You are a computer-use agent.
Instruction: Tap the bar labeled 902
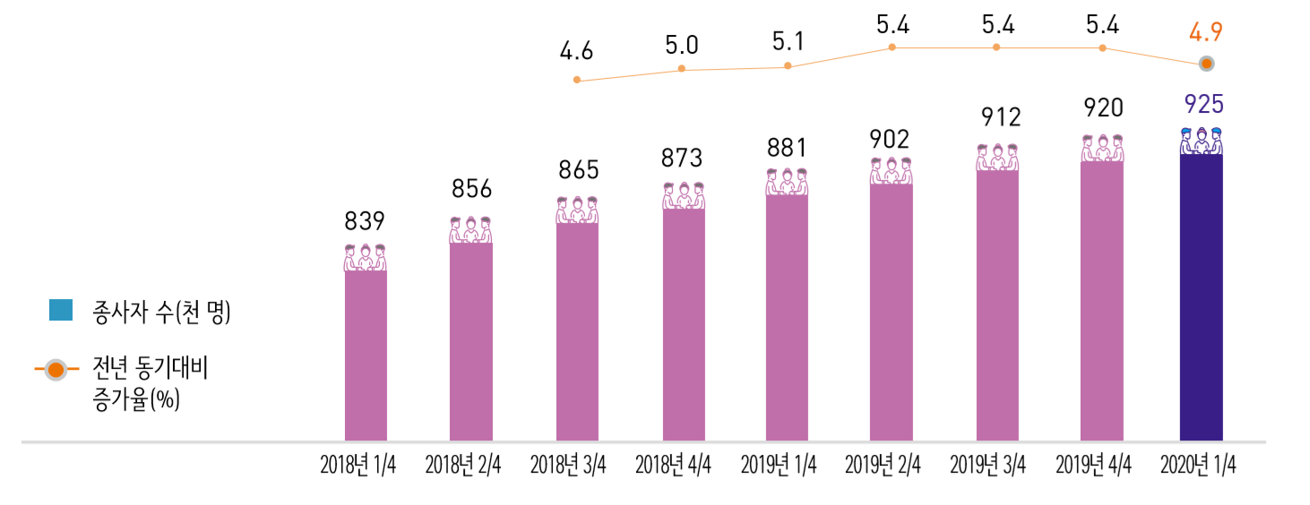click(x=891, y=312)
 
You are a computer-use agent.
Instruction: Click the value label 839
click(x=365, y=221)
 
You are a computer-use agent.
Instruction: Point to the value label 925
click(x=1203, y=105)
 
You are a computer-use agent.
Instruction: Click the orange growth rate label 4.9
click(x=1205, y=33)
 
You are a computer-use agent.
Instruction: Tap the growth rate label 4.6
click(x=576, y=51)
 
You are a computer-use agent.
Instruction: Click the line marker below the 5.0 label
click(x=682, y=69)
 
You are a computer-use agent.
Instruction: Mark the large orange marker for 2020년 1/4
click(x=1207, y=64)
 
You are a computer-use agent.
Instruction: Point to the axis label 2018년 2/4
click(x=462, y=466)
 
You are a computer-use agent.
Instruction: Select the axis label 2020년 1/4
click(x=1198, y=466)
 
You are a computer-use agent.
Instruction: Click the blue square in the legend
click(x=61, y=310)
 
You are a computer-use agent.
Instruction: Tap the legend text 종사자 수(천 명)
click(x=161, y=312)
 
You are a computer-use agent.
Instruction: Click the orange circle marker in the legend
click(x=56, y=369)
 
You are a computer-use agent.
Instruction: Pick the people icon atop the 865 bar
click(x=577, y=210)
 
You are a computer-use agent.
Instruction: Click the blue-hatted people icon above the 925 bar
click(x=1202, y=141)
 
